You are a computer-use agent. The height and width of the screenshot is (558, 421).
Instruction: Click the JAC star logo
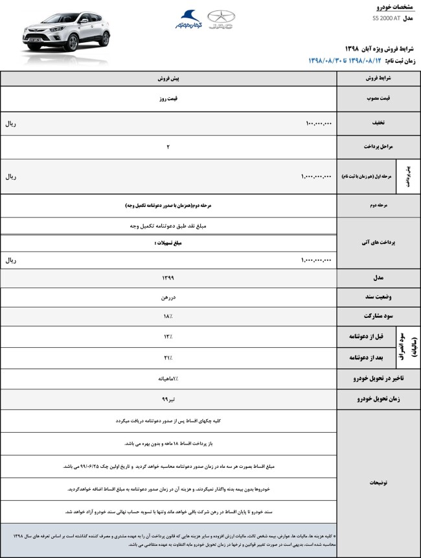pos(221,19)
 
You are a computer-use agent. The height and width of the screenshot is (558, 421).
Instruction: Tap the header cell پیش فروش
pos(168,78)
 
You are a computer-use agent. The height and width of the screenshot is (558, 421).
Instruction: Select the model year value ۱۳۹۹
pos(168,278)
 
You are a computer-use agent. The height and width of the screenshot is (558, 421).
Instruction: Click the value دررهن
pos(168,297)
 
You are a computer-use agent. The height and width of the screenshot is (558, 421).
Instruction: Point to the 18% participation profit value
pos(168,316)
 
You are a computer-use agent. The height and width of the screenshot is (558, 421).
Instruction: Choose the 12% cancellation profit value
pos(168,336)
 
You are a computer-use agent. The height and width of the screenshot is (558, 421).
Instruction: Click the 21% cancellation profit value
pos(168,357)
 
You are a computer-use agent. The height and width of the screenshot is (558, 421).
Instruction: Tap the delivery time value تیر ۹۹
pos(168,399)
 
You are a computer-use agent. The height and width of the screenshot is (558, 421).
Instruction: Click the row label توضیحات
pos(376,483)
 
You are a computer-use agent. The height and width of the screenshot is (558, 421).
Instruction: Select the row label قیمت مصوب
pos(376,99)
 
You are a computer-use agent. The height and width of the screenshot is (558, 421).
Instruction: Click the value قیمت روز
pos(168,99)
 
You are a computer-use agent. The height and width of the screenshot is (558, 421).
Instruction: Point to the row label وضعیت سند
pos(376,297)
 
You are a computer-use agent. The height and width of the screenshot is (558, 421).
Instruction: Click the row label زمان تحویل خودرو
pos(376,399)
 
